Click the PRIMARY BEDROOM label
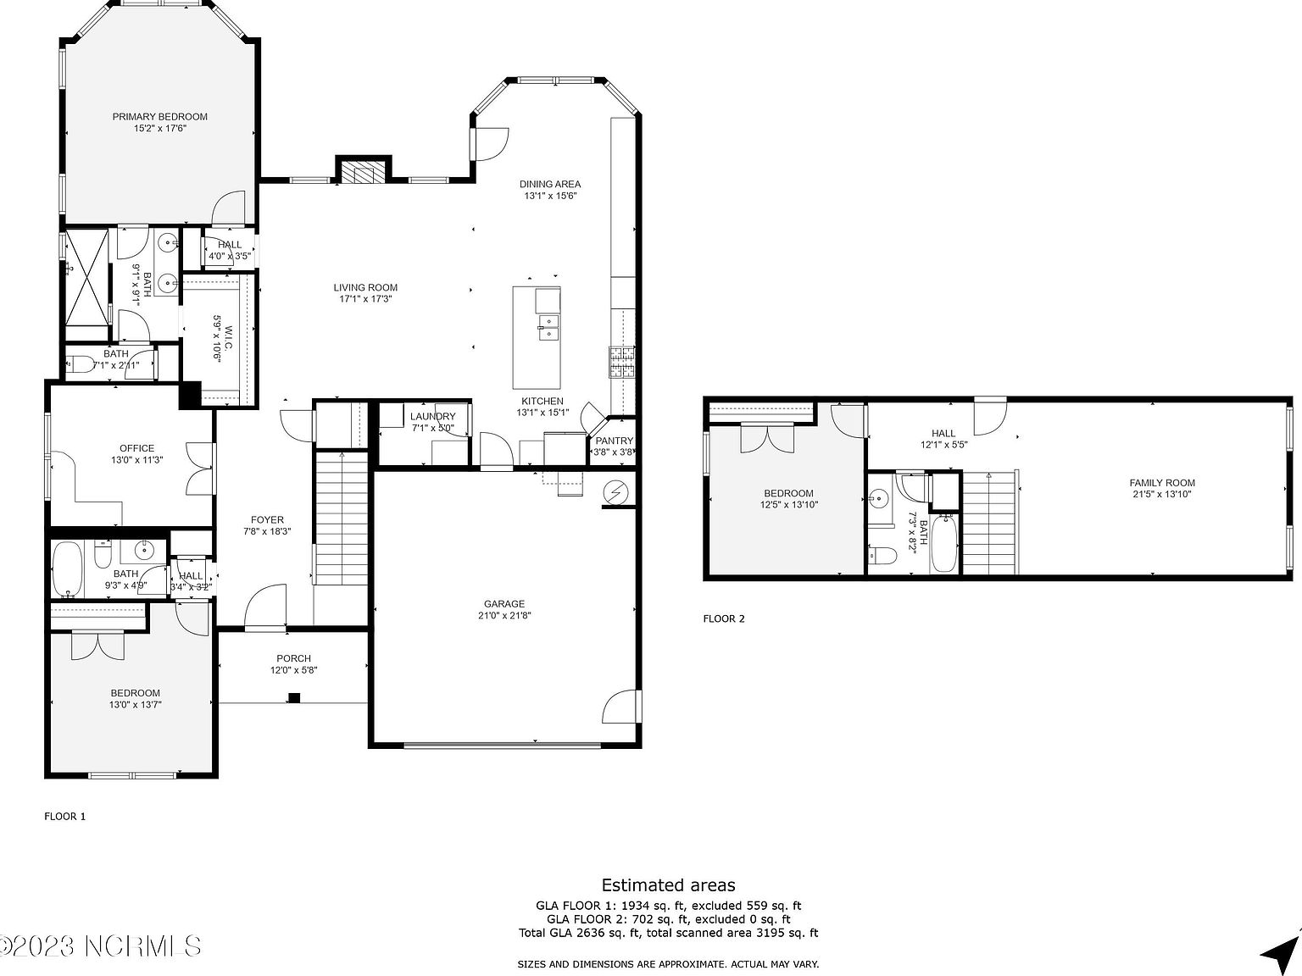[x=159, y=117]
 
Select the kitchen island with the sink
[x=537, y=336]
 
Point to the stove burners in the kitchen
[x=621, y=362]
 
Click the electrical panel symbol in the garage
[x=615, y=492]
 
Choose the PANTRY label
[x=614, y=441]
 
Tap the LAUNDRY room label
[x=432, y=416]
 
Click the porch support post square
[x=294, y=698]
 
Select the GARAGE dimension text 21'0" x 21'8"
[x=504, y=616]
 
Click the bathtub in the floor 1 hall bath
[x=66, y=568]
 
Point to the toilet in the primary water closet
[x=82, y=365]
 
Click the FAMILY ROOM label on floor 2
[x=1161, y=483]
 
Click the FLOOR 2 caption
[x=724, y=618]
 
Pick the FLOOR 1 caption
[x=65, y=817]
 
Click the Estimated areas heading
[x=668, y=885]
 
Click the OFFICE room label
[x=136, y=448]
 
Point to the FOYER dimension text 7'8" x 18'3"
[x=267, y=532]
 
